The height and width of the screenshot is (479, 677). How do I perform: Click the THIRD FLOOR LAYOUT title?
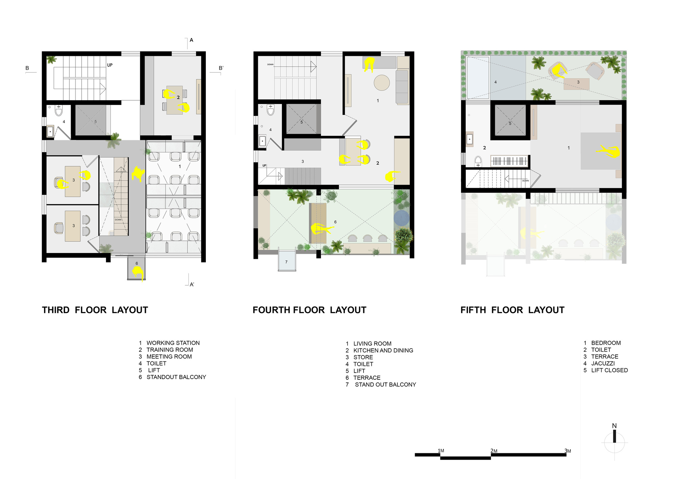[95, 310]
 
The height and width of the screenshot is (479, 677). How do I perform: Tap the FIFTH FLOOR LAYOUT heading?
[512, 310]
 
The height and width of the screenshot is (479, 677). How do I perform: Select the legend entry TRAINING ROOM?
[169, 350]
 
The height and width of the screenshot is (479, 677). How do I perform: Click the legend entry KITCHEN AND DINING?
[383, 350]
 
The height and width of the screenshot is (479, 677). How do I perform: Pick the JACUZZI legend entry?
[603, 363]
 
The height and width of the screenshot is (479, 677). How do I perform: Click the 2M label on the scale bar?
[494, 451]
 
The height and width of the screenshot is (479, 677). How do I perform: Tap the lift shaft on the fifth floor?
[510, 120]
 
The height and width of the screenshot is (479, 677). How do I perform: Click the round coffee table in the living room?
[382, 82]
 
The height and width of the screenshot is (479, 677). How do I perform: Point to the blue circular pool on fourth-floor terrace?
[401, 218]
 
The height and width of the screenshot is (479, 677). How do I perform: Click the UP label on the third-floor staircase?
[110, 65]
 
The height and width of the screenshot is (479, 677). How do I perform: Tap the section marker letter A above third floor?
[191, 40]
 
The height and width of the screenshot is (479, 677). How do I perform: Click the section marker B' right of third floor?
[221, 68]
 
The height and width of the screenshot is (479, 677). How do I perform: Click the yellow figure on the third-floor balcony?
[138, 272]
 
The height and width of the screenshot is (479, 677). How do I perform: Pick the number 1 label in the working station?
[180, 166]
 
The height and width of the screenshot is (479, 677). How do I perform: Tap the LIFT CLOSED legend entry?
[609, 370]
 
